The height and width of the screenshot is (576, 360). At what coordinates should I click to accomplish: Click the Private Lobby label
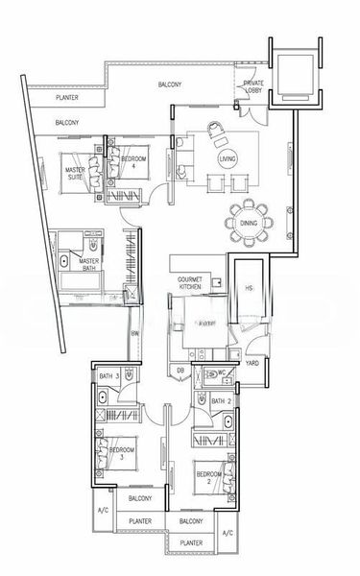click(x=254, y=88)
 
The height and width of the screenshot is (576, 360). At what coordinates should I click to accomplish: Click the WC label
click(x=220, y=372)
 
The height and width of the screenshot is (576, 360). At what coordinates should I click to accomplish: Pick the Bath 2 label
click(x=218, y=400)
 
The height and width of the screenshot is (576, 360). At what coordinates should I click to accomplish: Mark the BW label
click(x=135, y=333)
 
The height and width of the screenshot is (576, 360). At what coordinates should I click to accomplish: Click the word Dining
click(x=250, y=249)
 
